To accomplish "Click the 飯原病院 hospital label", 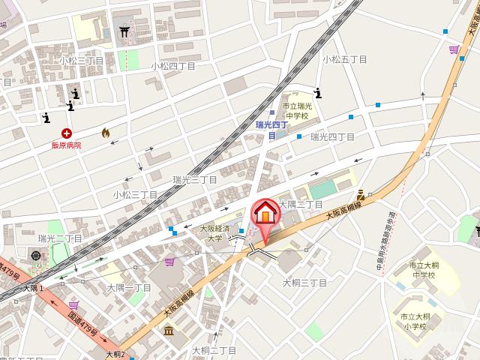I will coord(66,145).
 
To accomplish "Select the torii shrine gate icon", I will coord(125,32).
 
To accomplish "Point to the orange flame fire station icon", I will coord(105,133).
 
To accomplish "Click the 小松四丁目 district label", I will coord(172,65).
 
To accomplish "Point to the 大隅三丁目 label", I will coord(300,204).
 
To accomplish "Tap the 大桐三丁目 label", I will coord(304,283).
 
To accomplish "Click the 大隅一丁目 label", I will coord(129,288).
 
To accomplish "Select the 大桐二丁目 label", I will coord(214,349).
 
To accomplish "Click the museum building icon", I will coord(168,330).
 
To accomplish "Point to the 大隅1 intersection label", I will coord(33,288).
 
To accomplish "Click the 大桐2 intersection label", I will coord(115,354).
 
